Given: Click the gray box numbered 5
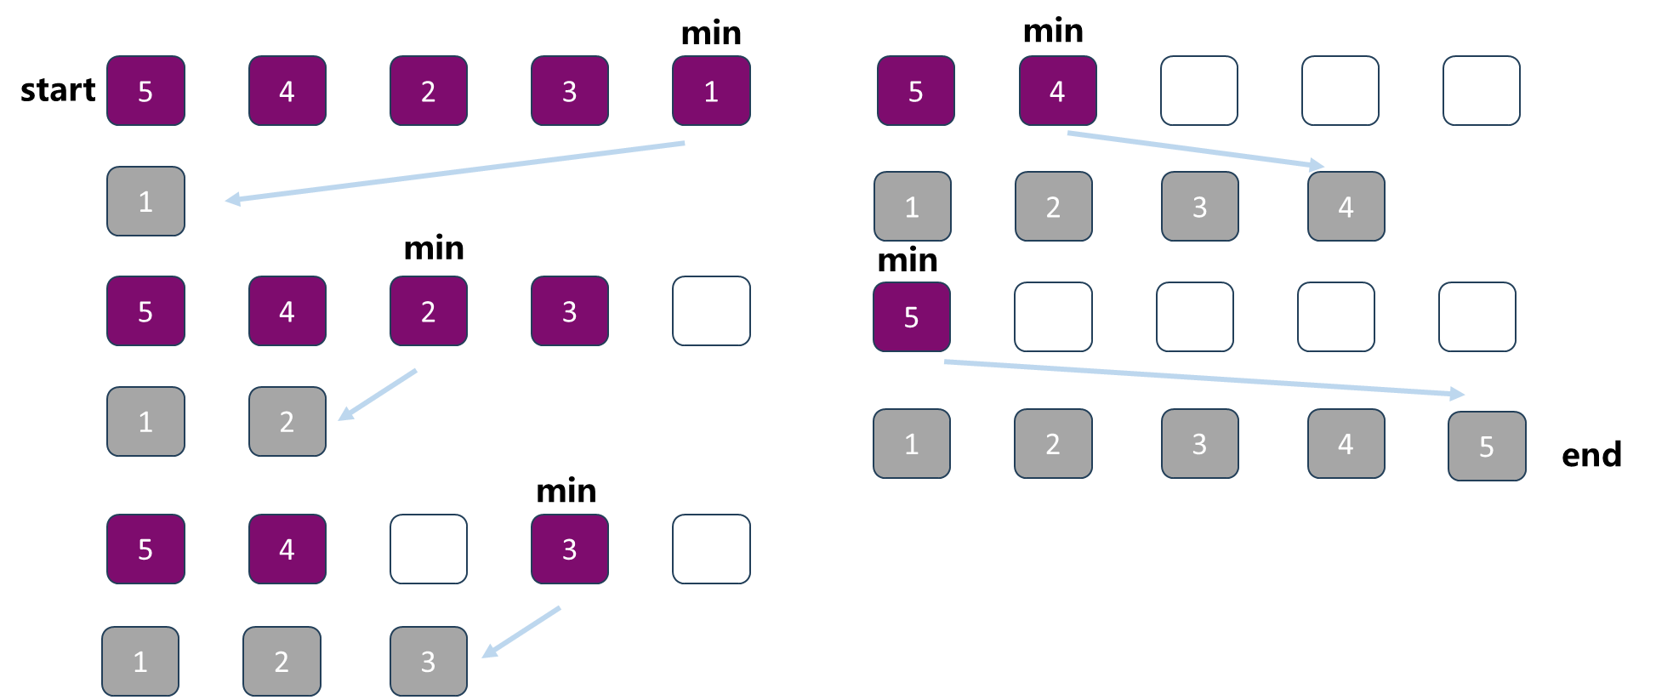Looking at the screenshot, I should tap(1487, 447).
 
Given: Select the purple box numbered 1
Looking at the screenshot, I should tap(711, 91).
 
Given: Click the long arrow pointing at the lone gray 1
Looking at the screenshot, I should tap(455, 172).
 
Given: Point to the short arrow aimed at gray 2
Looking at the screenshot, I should tap(378, 395).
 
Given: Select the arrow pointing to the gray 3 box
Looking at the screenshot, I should tap(521, 632).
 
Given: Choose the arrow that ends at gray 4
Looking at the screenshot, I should tap(1195, 150).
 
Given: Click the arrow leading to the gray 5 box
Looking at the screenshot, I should tap(1204, 378).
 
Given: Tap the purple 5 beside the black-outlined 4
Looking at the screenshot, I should tap(912, 317).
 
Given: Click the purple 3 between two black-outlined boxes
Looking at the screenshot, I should tap(570, 549).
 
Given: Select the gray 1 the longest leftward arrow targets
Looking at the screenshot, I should tap(145, 202).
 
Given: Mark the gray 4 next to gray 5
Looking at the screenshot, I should tap(1346, 444).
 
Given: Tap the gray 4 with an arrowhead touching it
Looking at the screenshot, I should tap(1346, 207).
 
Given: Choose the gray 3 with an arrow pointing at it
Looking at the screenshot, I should tap(429, 662).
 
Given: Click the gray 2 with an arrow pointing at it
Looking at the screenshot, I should tap(287, 422).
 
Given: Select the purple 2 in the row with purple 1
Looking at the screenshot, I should tap(429, 91).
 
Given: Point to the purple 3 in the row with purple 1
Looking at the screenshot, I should tap(570, 91).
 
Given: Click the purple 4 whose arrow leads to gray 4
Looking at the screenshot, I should tap(1057, 91).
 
